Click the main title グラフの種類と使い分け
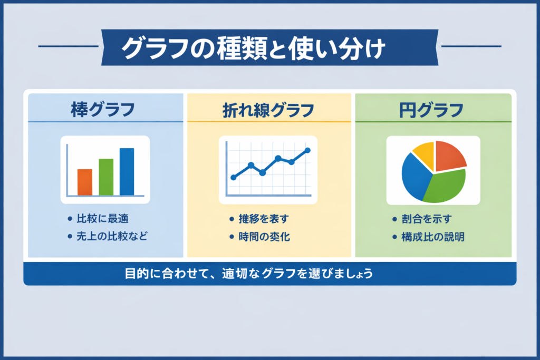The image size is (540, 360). coord(253,48)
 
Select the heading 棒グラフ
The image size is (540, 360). coord(103,110)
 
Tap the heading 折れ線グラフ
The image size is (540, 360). coord(268,111)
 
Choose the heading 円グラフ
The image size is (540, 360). coord(431,111)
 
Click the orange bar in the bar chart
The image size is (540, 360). coord(85,182)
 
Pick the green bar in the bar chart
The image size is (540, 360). coord(106,177)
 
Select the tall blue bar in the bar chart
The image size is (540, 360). coord(127,172)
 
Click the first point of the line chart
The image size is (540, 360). coord(234,177)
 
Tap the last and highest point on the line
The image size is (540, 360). coord(307,150)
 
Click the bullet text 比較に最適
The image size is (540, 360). coord(103,219)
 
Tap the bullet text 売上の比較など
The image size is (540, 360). coord(112,236)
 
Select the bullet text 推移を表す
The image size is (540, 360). coord(264,219)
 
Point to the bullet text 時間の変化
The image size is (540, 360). coord(264,237)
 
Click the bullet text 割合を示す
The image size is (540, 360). coord(426,219)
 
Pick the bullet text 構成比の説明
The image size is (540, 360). coord(433,237)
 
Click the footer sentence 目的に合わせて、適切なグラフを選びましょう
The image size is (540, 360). coord(249,274)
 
